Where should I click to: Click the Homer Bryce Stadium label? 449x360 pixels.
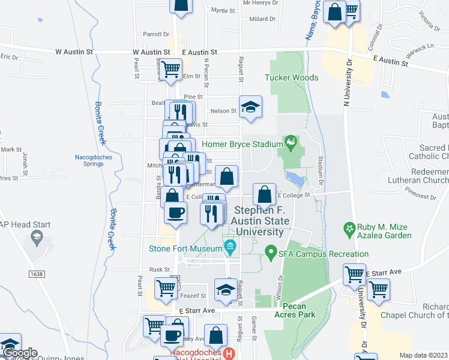242,144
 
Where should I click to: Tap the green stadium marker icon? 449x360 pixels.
291,143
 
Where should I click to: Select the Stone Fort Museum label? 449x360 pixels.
185,248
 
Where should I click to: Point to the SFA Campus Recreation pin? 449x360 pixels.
271,253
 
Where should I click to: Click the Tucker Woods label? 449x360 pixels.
292,77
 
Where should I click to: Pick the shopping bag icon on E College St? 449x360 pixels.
265,194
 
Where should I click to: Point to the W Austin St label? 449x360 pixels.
74,52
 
